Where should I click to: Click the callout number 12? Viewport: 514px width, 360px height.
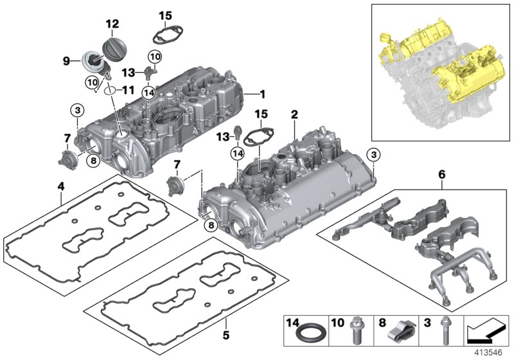[x=112, y=24]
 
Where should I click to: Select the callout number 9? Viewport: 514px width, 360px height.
[x=66, y=62]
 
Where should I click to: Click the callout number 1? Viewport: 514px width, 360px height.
[x=263, y=94]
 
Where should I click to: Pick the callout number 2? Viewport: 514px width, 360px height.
[x=294, y=114]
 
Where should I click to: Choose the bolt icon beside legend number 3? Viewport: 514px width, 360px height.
[x=443, y=332]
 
